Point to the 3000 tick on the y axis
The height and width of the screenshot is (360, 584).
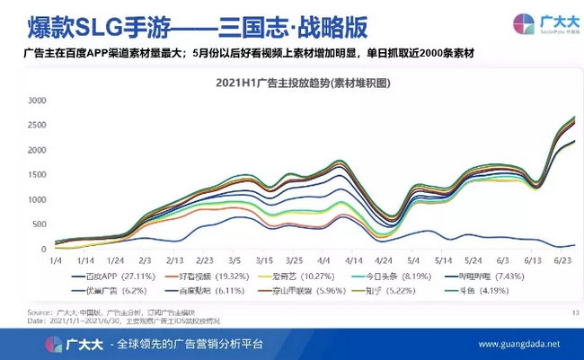pos(36,100)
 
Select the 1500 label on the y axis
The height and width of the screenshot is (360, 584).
pos(36,174)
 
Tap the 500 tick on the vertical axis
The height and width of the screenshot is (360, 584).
pos(40,224)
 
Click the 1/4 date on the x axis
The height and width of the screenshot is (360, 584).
pos(55,259)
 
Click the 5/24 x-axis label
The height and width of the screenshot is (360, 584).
pos(473,259)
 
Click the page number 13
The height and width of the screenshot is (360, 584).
pos(574,312)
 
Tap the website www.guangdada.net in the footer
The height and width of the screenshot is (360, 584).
pos(520,344)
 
